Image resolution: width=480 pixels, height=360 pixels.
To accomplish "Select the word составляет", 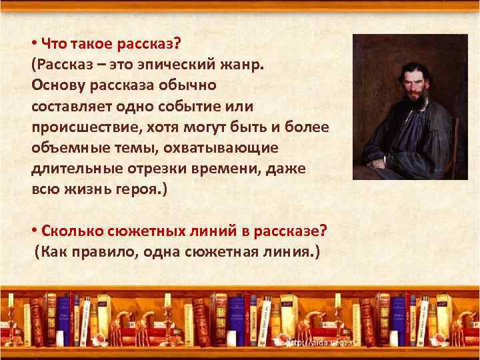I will click(70, 107).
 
